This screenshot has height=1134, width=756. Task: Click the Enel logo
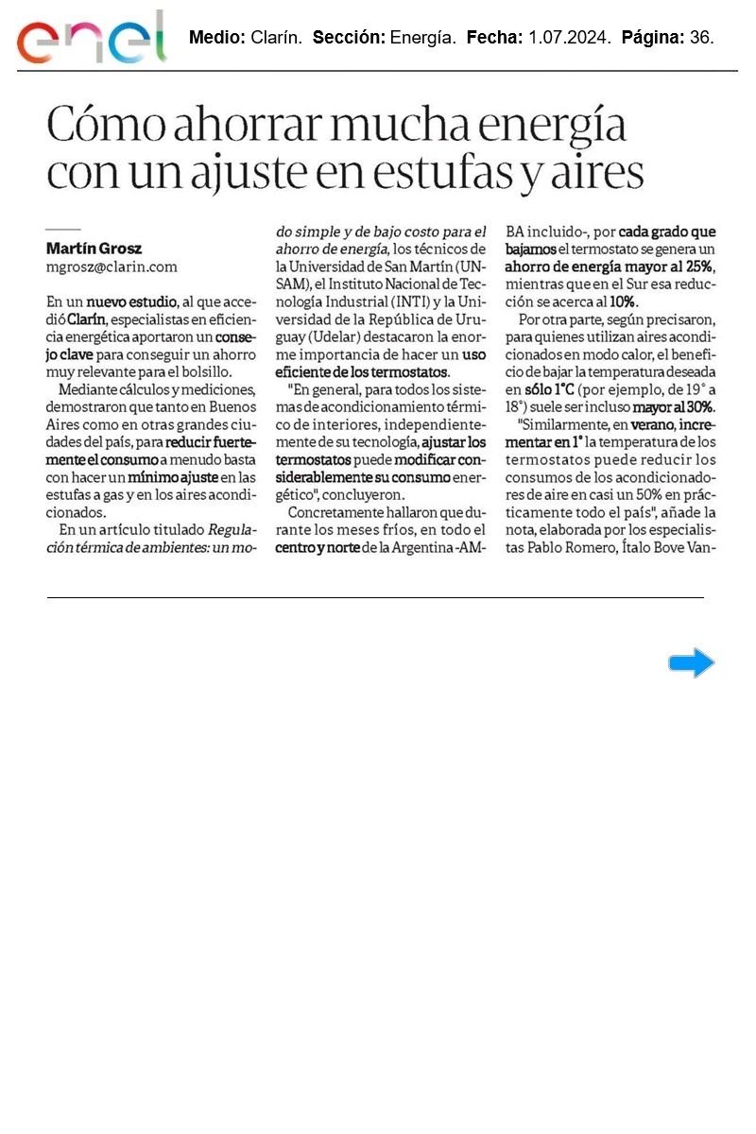(x=91, y=38)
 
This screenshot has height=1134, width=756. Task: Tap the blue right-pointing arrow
(x=691, y=663)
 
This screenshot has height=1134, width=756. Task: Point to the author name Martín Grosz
(x=94, y=249)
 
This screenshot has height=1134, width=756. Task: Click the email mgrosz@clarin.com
(x=112, y=266)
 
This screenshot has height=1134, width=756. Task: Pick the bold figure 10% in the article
(x=623, y=301)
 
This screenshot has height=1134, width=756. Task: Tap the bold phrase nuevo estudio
(x=131, y=301)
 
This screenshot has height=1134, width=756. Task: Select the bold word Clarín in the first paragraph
(x=86, y=319)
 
